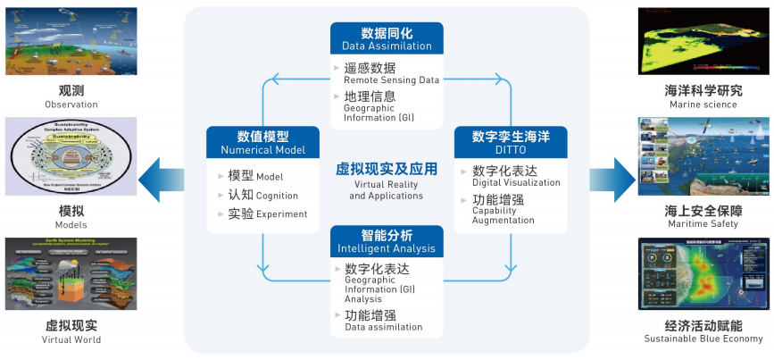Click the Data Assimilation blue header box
[x=387, y=38]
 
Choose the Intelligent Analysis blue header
[x=387, y=241]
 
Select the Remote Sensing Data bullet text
[x=392, y=80]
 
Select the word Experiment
[x=280, y=214]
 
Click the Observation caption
[x=71, y=104]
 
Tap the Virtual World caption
[x=71, y=339]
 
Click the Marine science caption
[x=703, y=104]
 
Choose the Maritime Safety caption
[x=703, y=222]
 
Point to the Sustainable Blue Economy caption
[x=703, y=339]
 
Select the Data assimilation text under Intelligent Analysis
[x=384, y=327]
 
